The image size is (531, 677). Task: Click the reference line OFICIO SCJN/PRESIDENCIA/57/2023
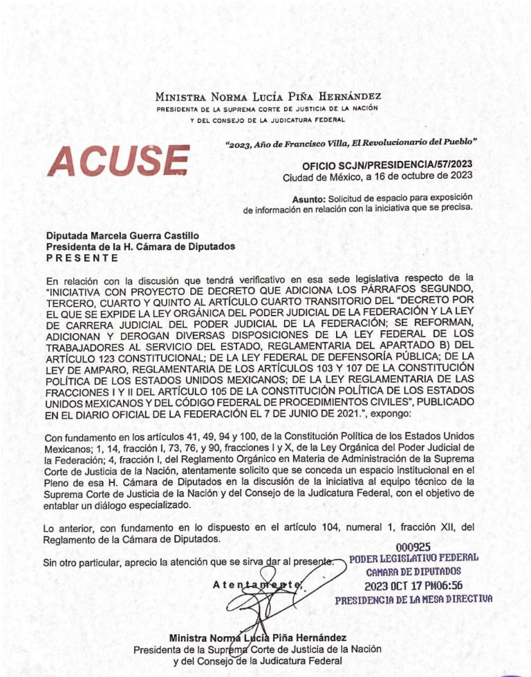click(x=387, y=166)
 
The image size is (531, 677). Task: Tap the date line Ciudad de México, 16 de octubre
click(x=378, y=178)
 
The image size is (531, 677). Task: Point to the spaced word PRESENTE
click(x=82, y=257)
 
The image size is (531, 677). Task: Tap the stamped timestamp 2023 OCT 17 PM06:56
click(x=413, y=586)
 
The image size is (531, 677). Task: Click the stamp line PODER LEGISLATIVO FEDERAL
click(x=413, y=559)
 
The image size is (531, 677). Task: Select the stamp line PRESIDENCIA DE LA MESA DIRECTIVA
click(x=413, y=600)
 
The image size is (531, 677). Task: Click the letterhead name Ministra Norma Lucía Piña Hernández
click(x=268, y=97)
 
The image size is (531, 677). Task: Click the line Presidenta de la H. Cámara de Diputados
click(x=140, y=246)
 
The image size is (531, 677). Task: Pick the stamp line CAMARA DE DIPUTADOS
click(x=413, y=572)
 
